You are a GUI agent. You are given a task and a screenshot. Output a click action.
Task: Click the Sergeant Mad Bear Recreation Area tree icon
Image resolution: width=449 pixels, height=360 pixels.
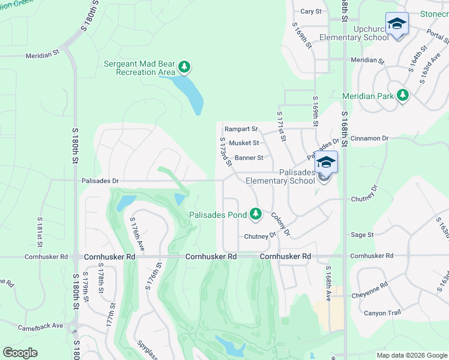pos(185,66)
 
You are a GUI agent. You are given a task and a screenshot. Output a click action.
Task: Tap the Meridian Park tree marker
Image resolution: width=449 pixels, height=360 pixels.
pos(402,96)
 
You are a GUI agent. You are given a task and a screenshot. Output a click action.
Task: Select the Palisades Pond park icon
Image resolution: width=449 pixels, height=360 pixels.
pos(256,214)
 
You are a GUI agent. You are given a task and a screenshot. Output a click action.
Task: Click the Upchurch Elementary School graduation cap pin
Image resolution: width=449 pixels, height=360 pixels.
pos(396,24)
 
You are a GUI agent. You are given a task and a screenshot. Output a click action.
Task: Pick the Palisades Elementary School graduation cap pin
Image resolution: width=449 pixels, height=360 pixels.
pos(325,163)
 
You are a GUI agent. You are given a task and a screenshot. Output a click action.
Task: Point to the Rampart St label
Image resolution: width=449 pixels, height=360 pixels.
pos(241,129)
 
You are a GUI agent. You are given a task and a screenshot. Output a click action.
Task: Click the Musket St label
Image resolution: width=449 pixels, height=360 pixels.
pos(244,143)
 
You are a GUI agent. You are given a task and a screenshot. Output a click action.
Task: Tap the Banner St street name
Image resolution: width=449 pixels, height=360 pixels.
pos(249,158)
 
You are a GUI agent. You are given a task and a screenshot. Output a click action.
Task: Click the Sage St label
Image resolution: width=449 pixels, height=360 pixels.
pos(362,235)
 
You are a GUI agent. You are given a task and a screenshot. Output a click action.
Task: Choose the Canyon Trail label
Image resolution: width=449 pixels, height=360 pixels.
pos(382,313)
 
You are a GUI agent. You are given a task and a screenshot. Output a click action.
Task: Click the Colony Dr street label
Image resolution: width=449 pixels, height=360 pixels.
pos(280,224)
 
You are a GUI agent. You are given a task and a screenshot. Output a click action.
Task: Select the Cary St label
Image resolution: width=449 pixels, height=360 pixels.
pos(311,11)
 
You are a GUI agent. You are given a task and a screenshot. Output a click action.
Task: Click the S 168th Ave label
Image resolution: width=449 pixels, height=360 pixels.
pos(328,283)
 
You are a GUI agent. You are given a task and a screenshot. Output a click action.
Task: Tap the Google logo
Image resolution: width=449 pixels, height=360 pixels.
pos(20,352)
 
